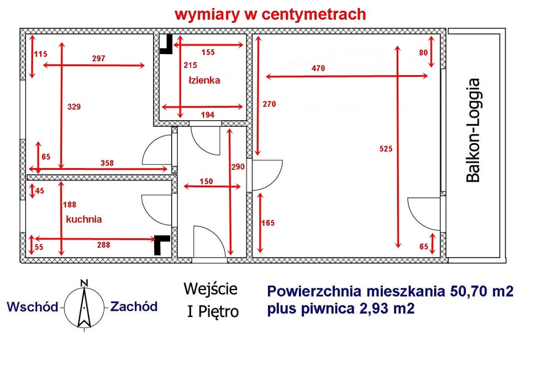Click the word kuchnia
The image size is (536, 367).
pos(84,219)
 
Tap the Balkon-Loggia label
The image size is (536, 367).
pos(473,131)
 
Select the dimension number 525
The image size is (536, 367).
pos(386,149)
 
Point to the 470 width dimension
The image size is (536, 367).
pos(318,68)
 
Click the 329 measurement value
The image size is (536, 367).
pos(74,107)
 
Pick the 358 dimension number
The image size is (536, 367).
pos(107,163)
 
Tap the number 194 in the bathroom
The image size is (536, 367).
pos(208,115)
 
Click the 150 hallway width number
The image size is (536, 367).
pos(206,181)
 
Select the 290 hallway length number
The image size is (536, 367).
pos(238,167)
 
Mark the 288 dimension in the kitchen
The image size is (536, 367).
pos(104,245)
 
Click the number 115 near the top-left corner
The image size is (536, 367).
pos(41,54)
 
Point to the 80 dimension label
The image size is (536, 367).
pos(423,53)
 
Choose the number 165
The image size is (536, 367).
pos(268,223)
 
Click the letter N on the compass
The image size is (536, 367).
pos(84,283)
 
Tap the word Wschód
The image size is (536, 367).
pos(33,307)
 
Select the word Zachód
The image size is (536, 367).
pos(134,307)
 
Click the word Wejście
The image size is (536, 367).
pos(210,289)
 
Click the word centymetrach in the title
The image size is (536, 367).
pos(314,15)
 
